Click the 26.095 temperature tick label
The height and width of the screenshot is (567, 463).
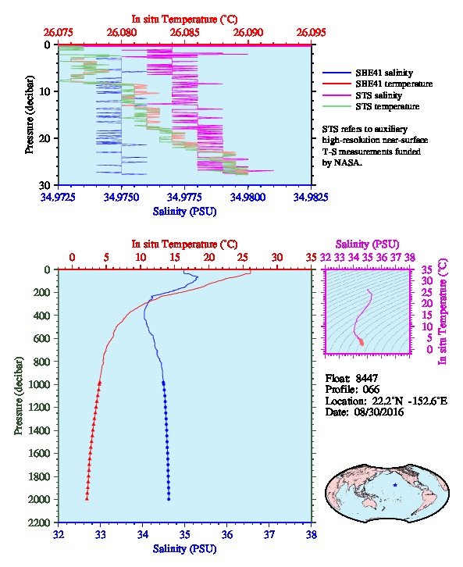(312, 33)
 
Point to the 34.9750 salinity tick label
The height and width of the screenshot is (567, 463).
(121, 197)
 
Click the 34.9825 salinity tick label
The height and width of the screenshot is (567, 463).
(311, 197)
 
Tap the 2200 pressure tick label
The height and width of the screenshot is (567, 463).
(40, 522)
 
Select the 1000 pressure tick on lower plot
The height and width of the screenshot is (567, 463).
(40, 384)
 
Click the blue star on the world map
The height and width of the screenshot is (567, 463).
(395, 485)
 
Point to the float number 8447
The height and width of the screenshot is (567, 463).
(367, 378)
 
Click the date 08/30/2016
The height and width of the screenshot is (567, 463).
(379, 412)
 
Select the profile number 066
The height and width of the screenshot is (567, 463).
(371, 390)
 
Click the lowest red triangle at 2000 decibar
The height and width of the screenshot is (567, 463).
(87, 499)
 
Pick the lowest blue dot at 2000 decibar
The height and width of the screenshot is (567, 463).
(169, 499)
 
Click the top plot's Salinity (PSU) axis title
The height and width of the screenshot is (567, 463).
(184, 212)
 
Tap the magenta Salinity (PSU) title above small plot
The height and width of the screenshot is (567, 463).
(367, 244)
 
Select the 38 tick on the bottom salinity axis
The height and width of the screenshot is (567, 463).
(312, 534)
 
